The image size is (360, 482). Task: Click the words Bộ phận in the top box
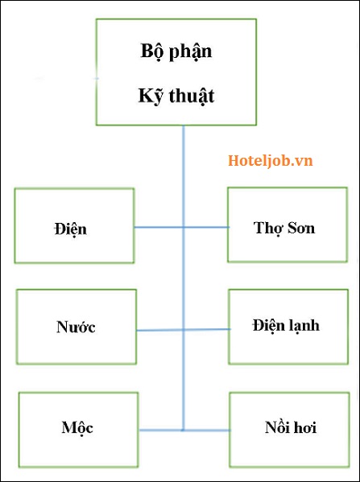(176, 51)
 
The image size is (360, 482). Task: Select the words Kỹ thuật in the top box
(176, 96)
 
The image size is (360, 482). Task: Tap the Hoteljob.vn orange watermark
(270, 161)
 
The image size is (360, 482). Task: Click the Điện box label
(70, 229)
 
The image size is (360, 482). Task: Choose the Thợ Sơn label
(284, 229)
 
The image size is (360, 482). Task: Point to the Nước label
(76, 327)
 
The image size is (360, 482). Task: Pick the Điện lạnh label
(286, 326)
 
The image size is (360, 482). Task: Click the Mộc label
(77, 427)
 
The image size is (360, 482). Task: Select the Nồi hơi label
(291, 427)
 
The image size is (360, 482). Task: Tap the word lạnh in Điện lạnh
(303, 327)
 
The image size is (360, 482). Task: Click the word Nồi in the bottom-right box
(276, 427)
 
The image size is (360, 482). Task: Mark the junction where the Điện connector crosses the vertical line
(184, 228)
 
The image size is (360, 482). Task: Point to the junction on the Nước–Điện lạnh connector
(184, 330)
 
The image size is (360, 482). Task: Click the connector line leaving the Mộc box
(160, 430)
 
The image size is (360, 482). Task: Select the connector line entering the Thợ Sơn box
(207, 228)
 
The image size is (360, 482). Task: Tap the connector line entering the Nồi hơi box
(207, 431)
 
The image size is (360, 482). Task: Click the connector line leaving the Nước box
(159, 330)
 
